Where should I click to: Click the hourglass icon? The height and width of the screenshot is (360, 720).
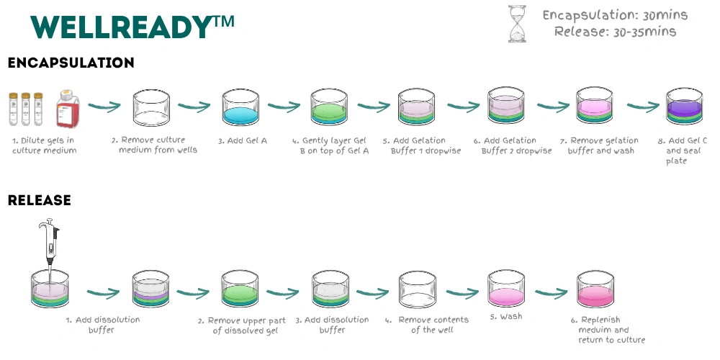[x=517, y=24]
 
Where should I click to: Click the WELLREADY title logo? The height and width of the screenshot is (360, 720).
[x=132, y=27]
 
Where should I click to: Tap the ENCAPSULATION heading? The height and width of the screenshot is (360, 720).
[x=71, y=63]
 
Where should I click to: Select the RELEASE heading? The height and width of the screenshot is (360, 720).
[x=40, y=200]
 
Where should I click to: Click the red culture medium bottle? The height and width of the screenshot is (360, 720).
[x=68, y=109]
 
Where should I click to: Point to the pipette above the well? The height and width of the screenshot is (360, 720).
[x=50, y=242]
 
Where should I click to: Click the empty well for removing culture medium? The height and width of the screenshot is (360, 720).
[x=151, y=108]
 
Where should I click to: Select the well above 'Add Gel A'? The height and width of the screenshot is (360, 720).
[x=240, y=107]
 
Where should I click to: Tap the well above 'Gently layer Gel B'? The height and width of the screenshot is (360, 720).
[x=329, y=107]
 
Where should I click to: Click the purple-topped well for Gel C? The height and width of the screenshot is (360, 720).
[x=684, y=106]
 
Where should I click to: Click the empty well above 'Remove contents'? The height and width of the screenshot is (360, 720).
[x=418, y=289]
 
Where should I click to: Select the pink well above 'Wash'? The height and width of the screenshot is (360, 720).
[x=506, y=288]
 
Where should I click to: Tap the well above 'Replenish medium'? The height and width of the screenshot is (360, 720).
[x=595, y=289]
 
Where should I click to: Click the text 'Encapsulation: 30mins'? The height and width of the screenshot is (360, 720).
[x=616, y=15]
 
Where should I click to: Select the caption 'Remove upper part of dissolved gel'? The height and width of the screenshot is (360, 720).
[x=242, y=325]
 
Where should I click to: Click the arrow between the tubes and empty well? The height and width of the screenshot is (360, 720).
[x=104, y=107]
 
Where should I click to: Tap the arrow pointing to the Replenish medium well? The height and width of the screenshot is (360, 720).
[x=551, y=293]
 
